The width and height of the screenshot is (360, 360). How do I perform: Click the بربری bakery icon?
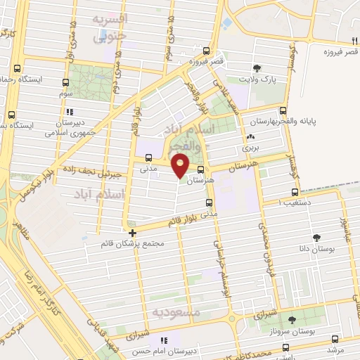(x=250, y=137)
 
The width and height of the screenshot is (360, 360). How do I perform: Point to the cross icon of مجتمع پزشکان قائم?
(x=132, y=232)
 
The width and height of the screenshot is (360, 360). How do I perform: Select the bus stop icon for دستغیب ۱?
(x=295, y=192)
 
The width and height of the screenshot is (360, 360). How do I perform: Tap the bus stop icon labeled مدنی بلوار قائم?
(x=208, y=203)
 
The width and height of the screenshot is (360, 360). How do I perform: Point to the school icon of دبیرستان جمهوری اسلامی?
(x=68, y=112)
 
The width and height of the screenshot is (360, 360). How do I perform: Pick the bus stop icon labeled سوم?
(x=65, y=82)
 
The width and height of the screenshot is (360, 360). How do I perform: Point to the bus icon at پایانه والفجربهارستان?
(x=283, y=110)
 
